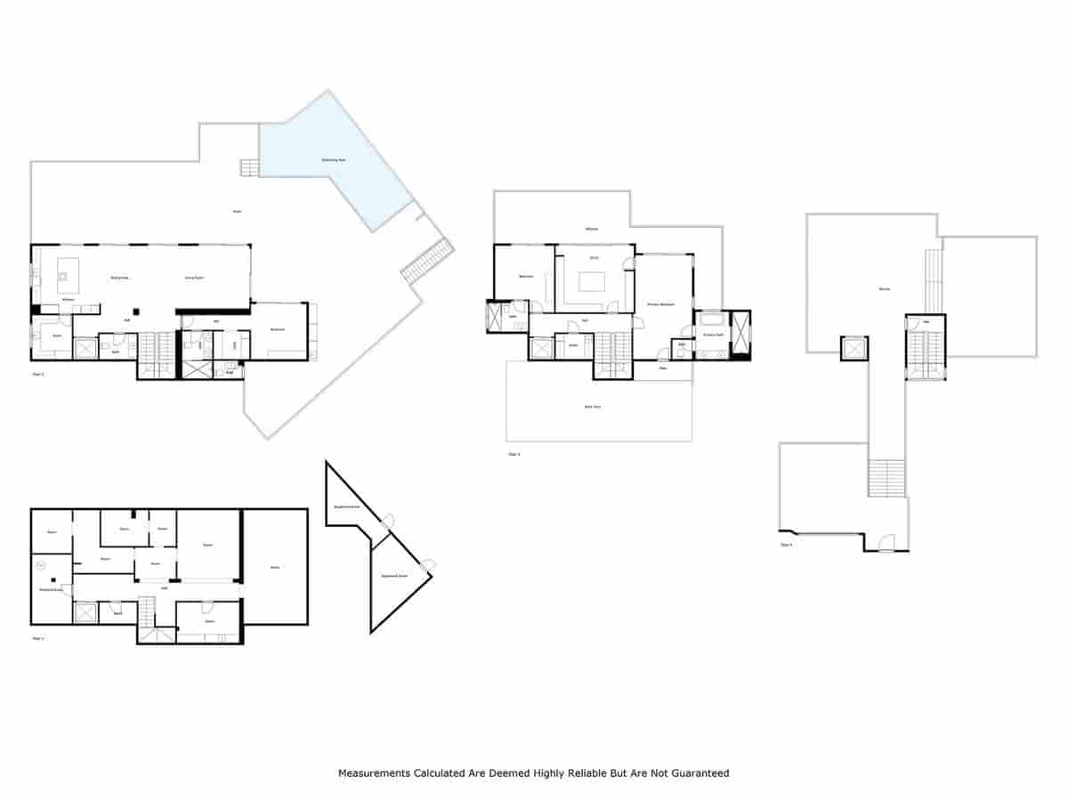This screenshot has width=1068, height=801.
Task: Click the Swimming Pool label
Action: [334, 160]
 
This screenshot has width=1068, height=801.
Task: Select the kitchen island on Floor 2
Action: [68, 271]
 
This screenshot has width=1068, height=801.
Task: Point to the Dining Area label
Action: [120, 279]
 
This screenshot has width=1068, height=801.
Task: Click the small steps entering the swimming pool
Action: [248, 167]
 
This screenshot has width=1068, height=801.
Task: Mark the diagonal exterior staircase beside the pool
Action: [427, 262]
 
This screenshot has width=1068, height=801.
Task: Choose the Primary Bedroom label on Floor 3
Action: [660, 304]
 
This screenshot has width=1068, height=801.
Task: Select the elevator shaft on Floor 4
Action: [853, 348]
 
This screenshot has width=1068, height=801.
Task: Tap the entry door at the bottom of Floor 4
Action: [886, 542]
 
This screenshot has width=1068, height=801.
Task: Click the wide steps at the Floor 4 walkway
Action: [886, 478]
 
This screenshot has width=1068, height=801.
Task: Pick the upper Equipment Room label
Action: [346, 506]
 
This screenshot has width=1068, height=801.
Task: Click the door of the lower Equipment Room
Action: [428, 564]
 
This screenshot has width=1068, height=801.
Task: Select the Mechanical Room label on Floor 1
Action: [51, 589]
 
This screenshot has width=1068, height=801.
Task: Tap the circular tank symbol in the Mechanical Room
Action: [41, 564]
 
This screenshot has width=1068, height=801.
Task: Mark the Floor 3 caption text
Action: [514, 454]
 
